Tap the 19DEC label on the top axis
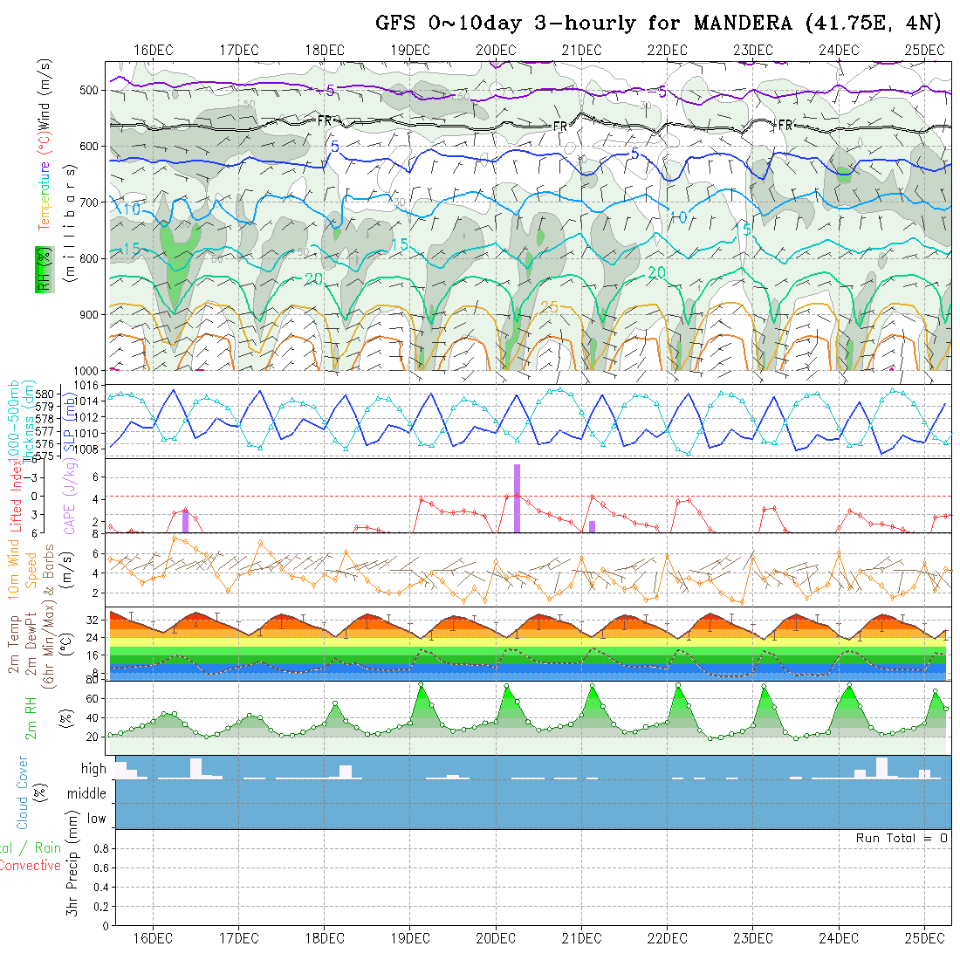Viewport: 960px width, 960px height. tap(409, 50)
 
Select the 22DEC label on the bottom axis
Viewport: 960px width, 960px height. tap(667, 938)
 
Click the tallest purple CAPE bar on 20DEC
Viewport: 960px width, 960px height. tap(517, 497)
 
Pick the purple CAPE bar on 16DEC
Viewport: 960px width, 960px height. tap(185, 520)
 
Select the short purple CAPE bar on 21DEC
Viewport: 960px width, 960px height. tap(592, 526)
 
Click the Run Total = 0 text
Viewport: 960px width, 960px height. tap(902, 838)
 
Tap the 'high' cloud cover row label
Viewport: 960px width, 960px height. tap(93, 769)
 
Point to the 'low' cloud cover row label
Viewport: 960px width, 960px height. tap(96, 819)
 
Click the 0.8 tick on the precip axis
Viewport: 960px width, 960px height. tap(99, 848)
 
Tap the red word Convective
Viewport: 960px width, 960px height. tap(30, 866)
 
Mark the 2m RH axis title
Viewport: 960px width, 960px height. tap(31, 718)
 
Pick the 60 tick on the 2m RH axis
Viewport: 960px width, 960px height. tap(90, 698)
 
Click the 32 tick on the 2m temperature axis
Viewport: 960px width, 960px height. tap(92, 620)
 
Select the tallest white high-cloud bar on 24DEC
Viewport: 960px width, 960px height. tap(881, 767)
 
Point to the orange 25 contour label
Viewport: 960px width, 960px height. tap(549, 306)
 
